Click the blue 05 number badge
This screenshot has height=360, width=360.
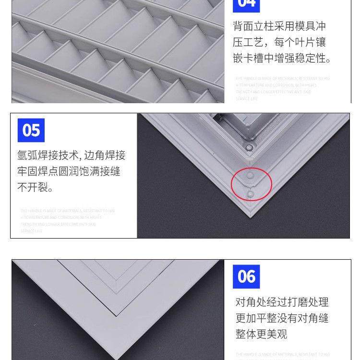coord(31,130)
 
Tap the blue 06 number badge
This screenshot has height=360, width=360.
coord(246,276)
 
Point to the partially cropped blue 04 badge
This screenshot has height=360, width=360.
coord(246,5)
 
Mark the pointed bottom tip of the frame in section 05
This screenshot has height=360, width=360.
coord(250,217)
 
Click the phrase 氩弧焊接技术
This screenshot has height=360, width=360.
coord(48,156)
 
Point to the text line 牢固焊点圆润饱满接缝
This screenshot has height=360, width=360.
coord(69,171)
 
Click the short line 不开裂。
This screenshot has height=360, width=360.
coord(36,188)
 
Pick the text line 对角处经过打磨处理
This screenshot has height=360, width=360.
coord(282,302)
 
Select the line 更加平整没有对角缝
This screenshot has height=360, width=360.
coord(282,318)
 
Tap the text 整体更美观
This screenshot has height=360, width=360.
coord(261,334)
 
